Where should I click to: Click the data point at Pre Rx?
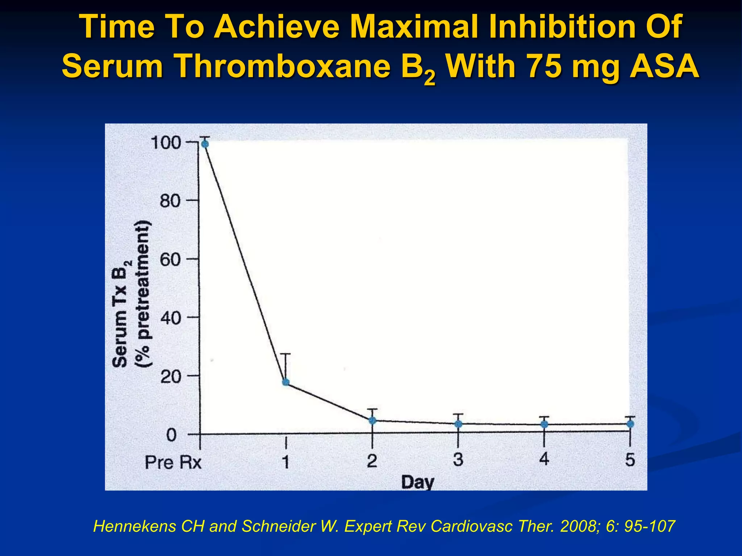tap(205, 144)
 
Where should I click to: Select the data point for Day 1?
tap(285, 382)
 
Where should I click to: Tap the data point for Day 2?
tap(372, 420)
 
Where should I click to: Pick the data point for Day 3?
tap(458, 424)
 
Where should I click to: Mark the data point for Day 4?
tap(544, 424)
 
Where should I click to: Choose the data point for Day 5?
tap(630, 424)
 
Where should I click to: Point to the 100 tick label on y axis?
tap(166, 143)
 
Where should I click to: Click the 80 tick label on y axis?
tap(170, 201)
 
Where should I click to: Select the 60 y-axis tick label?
tap(170, 260)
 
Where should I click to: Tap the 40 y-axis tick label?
tap(170, 318)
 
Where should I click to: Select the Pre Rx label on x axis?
tap(173, 463)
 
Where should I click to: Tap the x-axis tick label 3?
tap(458, 460)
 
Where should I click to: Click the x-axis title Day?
tap(417, 482)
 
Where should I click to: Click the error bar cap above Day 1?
tap(285, 354)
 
